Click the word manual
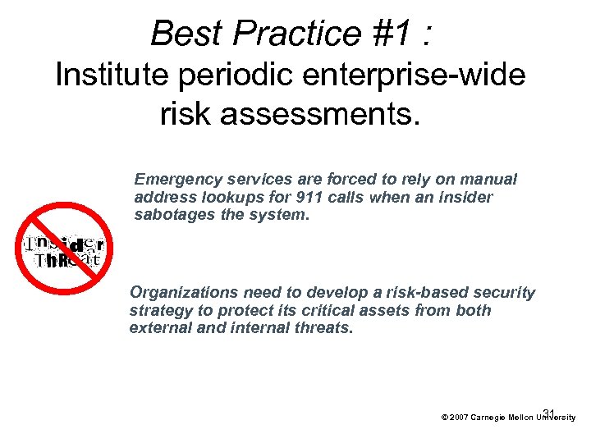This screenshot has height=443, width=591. pyautogui.click(x=491, y=179)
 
